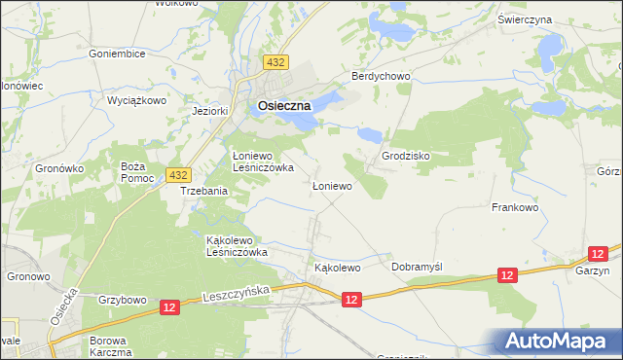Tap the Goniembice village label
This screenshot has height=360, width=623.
(117, 54)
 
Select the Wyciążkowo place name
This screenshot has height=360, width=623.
(137, 99)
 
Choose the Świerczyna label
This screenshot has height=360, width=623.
(552, 19)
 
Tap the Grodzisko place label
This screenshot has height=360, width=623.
(406, 156)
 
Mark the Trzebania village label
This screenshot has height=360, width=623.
(204, 192)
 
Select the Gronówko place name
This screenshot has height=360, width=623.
(60, 168)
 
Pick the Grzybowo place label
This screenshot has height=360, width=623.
(121, 300)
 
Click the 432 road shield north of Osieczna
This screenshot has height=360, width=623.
(277, 63)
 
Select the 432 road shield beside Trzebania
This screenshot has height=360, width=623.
(176, 175)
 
